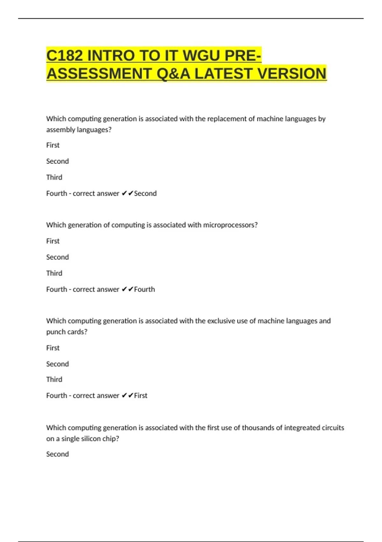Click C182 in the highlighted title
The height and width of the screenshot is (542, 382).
tap(65, 56)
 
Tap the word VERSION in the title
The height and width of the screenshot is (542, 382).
tap(292, 74)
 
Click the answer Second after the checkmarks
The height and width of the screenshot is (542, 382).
tap(145, 194)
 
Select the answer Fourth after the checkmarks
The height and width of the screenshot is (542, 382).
tap(145, 289)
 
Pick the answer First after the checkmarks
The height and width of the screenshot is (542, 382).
tap(141, 396)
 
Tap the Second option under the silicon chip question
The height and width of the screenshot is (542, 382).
tap(57, 454)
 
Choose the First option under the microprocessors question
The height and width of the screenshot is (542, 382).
tap(53, 241)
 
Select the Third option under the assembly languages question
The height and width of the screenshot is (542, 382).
tap(54, 177)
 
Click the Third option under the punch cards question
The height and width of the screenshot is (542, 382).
tap(54, 379)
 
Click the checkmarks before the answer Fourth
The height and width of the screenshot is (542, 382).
tap(127, 289)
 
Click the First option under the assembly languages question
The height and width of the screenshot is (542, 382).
tap(53, 145)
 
